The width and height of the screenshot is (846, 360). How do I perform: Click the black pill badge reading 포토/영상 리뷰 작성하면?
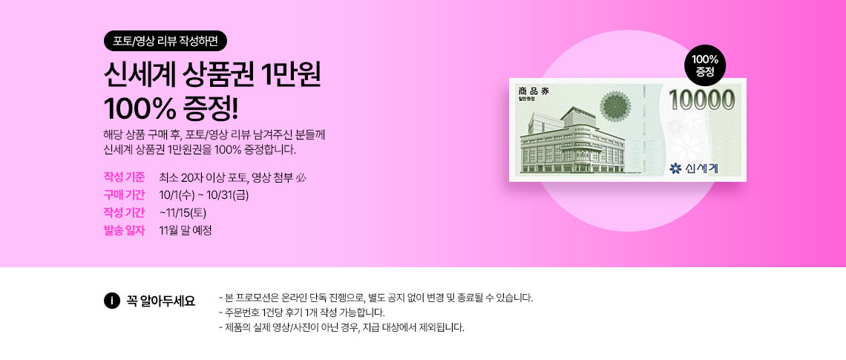(165, 41)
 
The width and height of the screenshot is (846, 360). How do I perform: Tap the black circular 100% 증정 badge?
(705, 65)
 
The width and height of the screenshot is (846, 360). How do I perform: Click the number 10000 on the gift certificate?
(702, 100)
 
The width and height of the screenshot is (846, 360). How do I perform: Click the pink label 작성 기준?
(124, 177)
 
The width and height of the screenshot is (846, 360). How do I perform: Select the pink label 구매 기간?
(124, 194)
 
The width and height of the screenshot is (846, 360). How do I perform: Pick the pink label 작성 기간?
(124, 212)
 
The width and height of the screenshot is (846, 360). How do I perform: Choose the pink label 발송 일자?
(124, 230)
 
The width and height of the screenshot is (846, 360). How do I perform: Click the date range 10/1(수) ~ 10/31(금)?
(204, 194)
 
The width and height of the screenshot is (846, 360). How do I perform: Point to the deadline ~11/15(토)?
(183, 212)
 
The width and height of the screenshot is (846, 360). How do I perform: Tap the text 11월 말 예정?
(186, 230)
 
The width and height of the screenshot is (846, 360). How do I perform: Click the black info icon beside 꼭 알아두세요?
(111, 301)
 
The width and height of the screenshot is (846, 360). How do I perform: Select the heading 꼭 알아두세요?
(161, 301)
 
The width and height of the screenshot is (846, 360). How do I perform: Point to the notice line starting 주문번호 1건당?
(302, 312)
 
